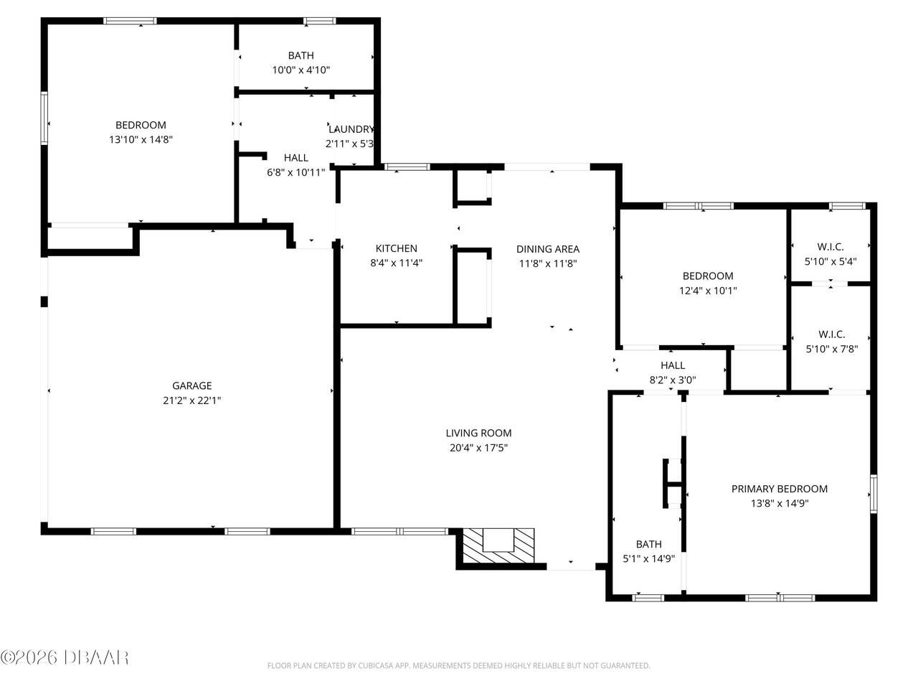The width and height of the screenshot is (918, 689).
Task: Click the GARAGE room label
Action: pyautogui.click(x=192, y=385)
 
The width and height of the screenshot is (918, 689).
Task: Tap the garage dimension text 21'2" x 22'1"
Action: pyautogui.click(x=192, y=400)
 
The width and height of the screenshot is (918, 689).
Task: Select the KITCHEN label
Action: pyautogui.click(x=396, y=248)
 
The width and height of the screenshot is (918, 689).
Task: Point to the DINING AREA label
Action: pyautogui.click(x=548, y=249)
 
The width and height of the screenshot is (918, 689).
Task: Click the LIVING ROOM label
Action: pyautogui.click(x=478, y=433)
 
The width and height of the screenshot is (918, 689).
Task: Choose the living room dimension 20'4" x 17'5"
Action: pyautogui.click(x=478, y=448)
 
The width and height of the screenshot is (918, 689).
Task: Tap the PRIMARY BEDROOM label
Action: pyautogui.click(x=779, y=489)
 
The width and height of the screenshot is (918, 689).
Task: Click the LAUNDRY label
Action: pyautogui.click(x=351, y=129)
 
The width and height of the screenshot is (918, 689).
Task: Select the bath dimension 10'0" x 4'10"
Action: pyautogui.click(x=301, y=70)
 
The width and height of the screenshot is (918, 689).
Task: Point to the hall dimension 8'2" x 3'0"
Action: pyautogui.click(x=673, y=380)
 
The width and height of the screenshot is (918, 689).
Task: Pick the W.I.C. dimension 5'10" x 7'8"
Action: pyautogui.click(x=832, y=349)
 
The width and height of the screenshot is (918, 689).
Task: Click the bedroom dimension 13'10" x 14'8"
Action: pyautogui.click(x=141, y=139)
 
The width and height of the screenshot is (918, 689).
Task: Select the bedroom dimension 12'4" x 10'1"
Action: pyautogui.click(x=708, y=291)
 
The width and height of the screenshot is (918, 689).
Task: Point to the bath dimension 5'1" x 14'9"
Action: pyautogui.click(x=648, y=558)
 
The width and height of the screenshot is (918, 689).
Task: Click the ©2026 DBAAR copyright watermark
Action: pyautogui.click(x=65, y=657)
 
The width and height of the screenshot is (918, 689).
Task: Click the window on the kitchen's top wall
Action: pyautogui.click(x=407, y=167)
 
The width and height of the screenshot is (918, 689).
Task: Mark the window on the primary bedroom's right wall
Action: pyautogui.click(x=874, y=494)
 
